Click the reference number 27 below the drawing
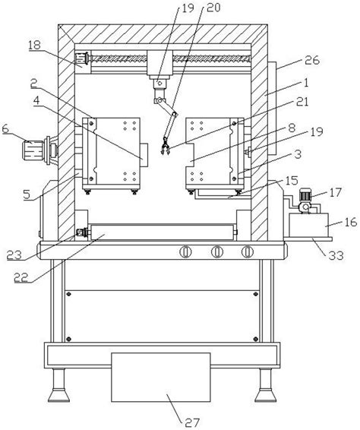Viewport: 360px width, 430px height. (x=192, y=422)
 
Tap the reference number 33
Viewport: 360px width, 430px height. (x=336, y=255)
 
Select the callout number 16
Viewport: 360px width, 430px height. (x=350, y=222)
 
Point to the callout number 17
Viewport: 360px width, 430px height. (x=336, y=192)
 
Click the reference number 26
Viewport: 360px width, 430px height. (x=312, y=60)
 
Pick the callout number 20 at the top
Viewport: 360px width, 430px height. (x=213, y=8)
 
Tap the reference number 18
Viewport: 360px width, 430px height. (x=34, y=45)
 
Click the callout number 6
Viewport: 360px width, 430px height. (x=5, y=128)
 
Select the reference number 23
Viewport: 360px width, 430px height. (x=14, y=255)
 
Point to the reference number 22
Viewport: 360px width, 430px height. (x=21, y=277)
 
